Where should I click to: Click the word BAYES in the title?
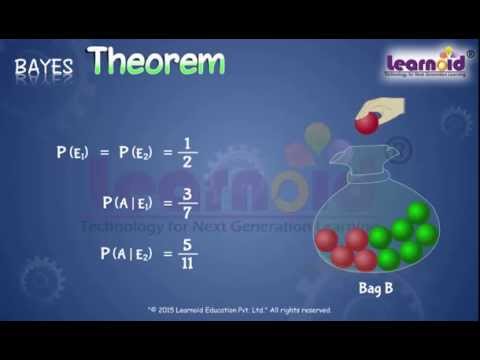tap(44, 67)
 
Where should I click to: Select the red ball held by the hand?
tap(368, 123)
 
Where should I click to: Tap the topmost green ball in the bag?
tap(417, 213)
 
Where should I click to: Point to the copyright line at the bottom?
tap(239, 310)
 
